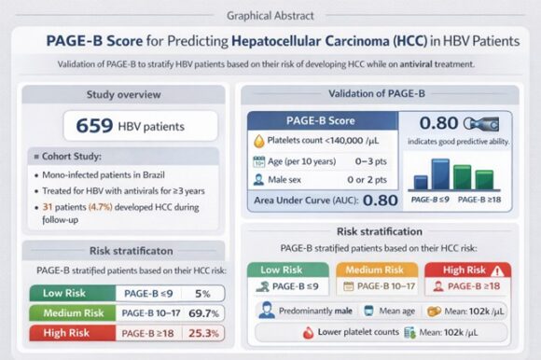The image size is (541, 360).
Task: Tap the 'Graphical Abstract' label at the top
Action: coord(270,16)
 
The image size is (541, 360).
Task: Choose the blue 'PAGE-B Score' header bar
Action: coord(322,120)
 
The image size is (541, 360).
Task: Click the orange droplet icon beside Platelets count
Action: coord(260,141)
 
